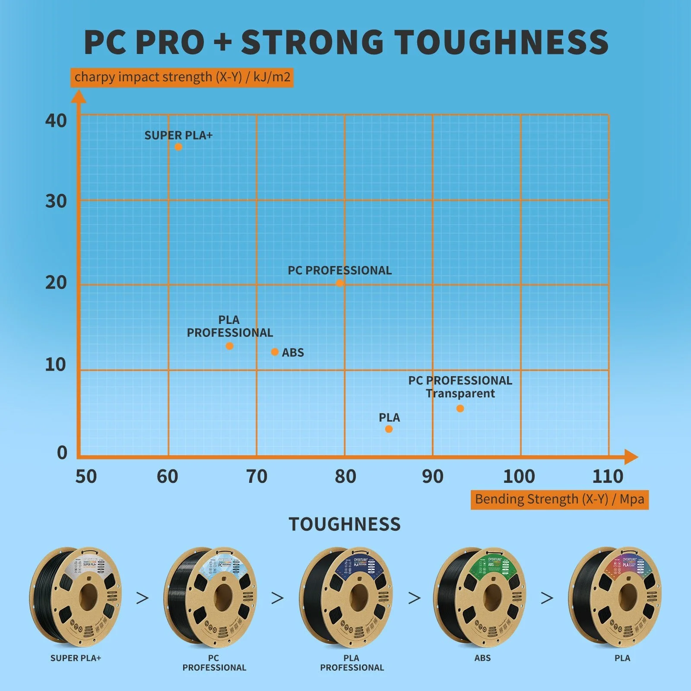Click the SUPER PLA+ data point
click(178, 147)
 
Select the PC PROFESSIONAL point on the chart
click(340, 283)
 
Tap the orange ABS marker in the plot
click(275, 352)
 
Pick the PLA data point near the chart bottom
click(389, 429)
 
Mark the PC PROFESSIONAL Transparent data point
click(460, 409)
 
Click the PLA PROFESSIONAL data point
click(229, 346)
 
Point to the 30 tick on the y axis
click(56, 201)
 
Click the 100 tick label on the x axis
click(519, 477)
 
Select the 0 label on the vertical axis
click(62, 453)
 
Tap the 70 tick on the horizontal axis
click(257, 477)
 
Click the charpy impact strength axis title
click(182, 77)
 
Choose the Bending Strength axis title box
click(559, 500)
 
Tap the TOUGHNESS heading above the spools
click(345, 524)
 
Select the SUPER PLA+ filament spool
click(76, 597)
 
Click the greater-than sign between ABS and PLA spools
click(547, 598)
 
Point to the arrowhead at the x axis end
click(631, 457)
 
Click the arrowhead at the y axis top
click(79, 96)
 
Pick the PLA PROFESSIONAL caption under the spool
click(352, 663)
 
